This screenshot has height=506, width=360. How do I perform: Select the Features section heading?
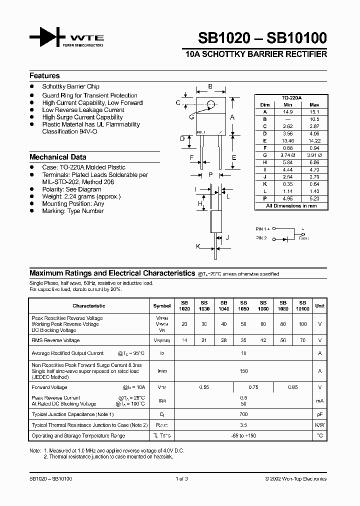(x=44, y=76)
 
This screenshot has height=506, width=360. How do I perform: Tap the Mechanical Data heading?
(x=57, y=157)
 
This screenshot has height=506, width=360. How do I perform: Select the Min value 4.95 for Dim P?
(x=287, y=198)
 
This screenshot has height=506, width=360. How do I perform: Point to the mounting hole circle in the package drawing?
(x=211, y=104)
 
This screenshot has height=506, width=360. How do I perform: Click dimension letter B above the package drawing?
(x=210, y=86)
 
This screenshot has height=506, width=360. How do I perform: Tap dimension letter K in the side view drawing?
(x=198, y=246)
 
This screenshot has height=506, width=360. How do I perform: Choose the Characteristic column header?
(x=89, y=305)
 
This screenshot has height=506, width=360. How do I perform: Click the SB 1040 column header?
(x=223, y=305)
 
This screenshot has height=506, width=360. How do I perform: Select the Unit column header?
(x=319, y=305)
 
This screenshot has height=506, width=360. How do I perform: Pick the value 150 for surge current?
(x=243, y=371)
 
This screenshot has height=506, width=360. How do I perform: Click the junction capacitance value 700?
(x=243, y=414)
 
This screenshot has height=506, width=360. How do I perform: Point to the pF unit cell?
(x=319, y=414)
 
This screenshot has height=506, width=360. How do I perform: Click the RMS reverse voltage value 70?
(x=302, y=340)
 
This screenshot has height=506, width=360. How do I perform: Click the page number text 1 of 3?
(x=181, y=478)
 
